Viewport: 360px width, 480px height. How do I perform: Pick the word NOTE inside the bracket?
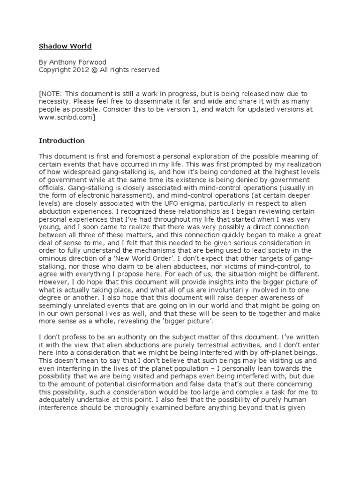(x=52, y=93)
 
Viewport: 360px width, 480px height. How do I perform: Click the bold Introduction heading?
(x=61, y=140)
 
